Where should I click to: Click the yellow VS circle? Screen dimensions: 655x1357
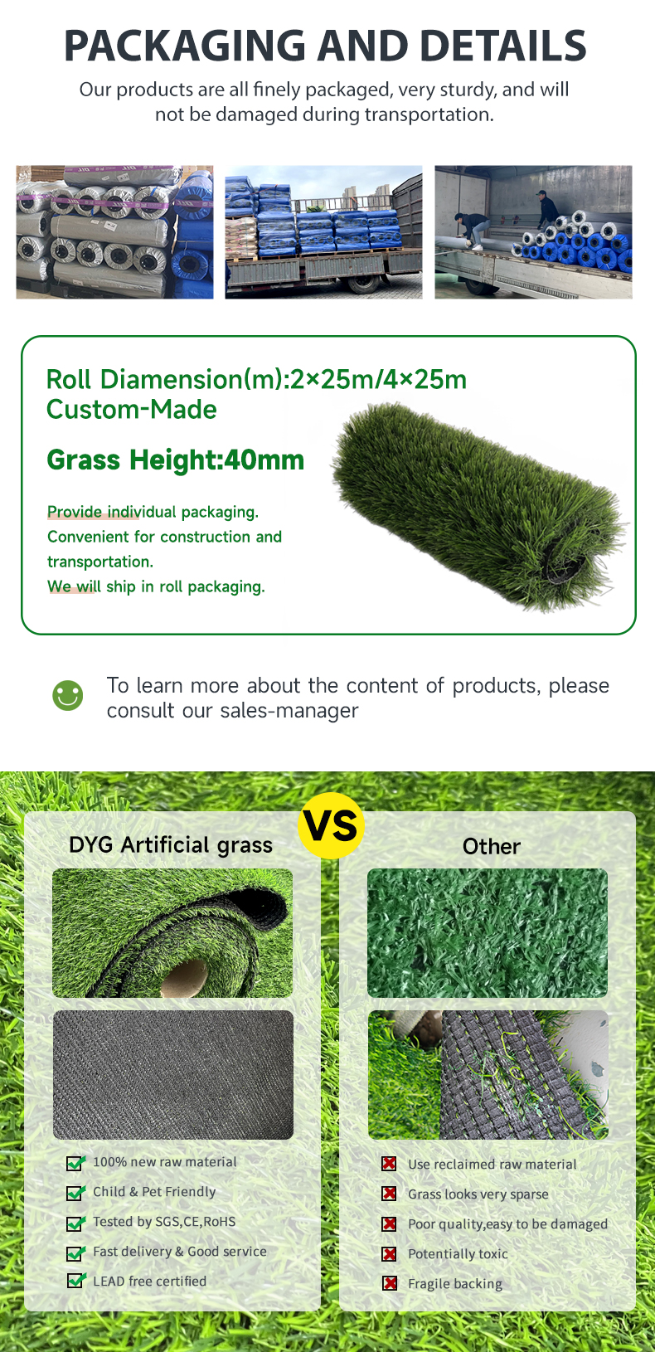point(331,825)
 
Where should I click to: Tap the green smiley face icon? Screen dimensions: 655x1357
point(68,695)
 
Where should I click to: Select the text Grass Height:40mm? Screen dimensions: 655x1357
point(175,460)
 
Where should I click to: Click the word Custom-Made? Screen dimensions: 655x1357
point(131,410)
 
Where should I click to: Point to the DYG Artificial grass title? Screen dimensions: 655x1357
point(171,845)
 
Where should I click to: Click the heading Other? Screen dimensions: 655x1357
point(491,846)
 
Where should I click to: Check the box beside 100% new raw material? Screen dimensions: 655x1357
point(75,1163)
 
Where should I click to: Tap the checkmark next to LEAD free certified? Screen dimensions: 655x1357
point(75,1281)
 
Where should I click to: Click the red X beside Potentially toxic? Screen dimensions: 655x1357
point(389,1254)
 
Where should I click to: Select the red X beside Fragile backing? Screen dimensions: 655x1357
point(389,1284)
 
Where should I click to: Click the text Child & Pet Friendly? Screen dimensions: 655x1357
point(154,1192)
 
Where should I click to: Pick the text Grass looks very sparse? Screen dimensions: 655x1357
point(478,1194)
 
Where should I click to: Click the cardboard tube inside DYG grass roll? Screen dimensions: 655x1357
point(185,976)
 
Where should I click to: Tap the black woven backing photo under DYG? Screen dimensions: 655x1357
point(173,1075)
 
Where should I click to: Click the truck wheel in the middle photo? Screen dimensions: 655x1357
point(365,283)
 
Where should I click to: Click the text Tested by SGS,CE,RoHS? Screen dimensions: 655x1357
point(164,1221)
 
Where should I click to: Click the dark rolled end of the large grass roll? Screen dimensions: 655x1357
point(564,563)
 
